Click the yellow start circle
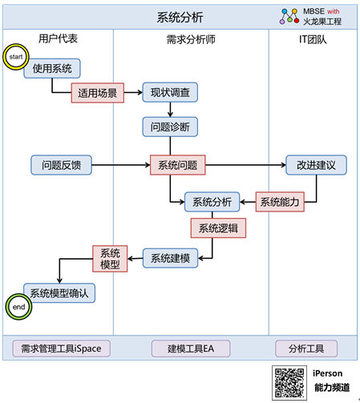[16, 57]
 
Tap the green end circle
[18, 307]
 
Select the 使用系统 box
[52, 69]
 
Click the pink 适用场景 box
[98, 93]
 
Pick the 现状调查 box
[170, 92]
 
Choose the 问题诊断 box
[170, 127]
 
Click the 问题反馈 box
[62, 165]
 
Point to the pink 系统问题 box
[178, 165]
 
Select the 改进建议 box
[316, 165]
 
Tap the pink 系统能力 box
[280, 202]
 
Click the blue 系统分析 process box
[212, 202]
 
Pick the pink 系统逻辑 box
[218, 228]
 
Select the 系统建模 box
[171, 258]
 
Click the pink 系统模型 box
[110, 259]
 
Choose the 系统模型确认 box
[59, 293]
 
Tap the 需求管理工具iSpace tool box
[62, 349]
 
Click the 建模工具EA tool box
[191, 349]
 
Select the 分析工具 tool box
[306, 349]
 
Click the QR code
[289, 383]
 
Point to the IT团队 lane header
[313, 39]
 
